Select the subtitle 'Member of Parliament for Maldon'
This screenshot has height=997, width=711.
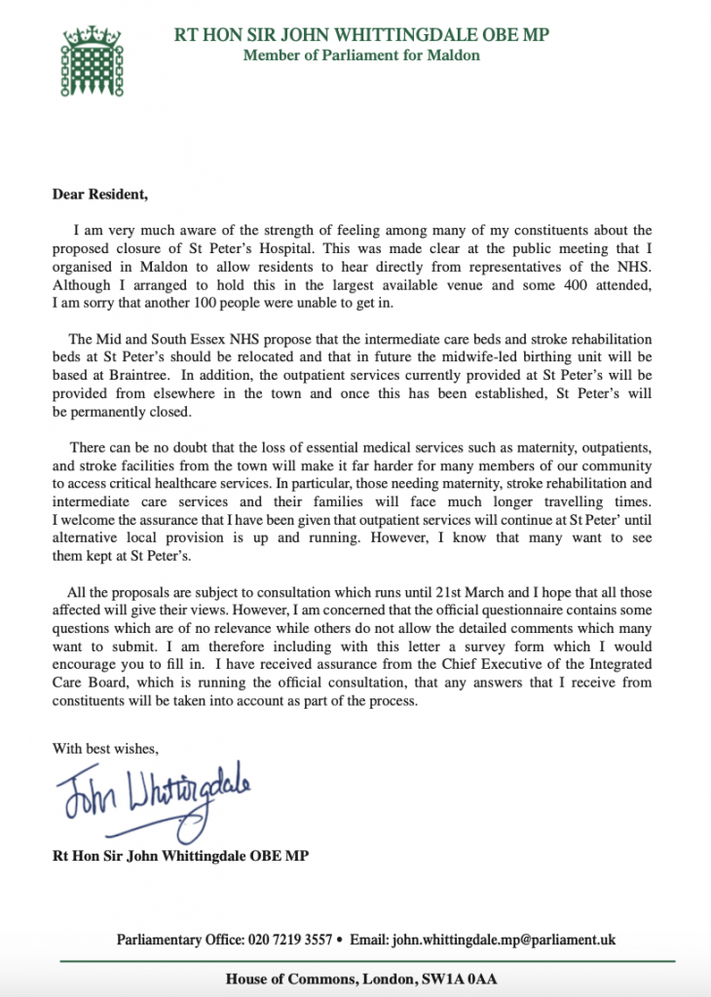pos(361,55)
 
